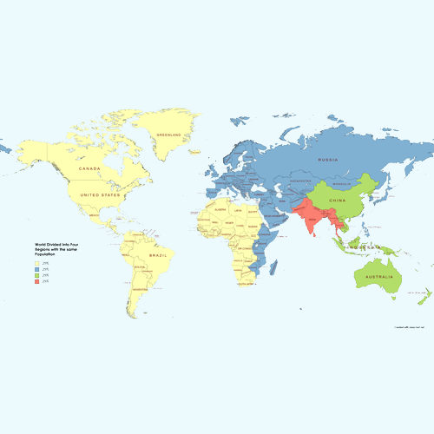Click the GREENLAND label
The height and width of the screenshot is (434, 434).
168,135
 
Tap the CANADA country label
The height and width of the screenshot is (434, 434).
90,168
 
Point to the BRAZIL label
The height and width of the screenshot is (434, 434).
157,257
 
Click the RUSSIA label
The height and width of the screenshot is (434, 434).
327,160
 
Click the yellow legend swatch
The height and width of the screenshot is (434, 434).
36,263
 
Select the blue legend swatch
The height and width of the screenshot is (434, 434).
36,269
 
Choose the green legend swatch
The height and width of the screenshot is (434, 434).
36,276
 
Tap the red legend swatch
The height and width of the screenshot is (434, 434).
36,282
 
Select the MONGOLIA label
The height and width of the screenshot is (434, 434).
341,184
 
